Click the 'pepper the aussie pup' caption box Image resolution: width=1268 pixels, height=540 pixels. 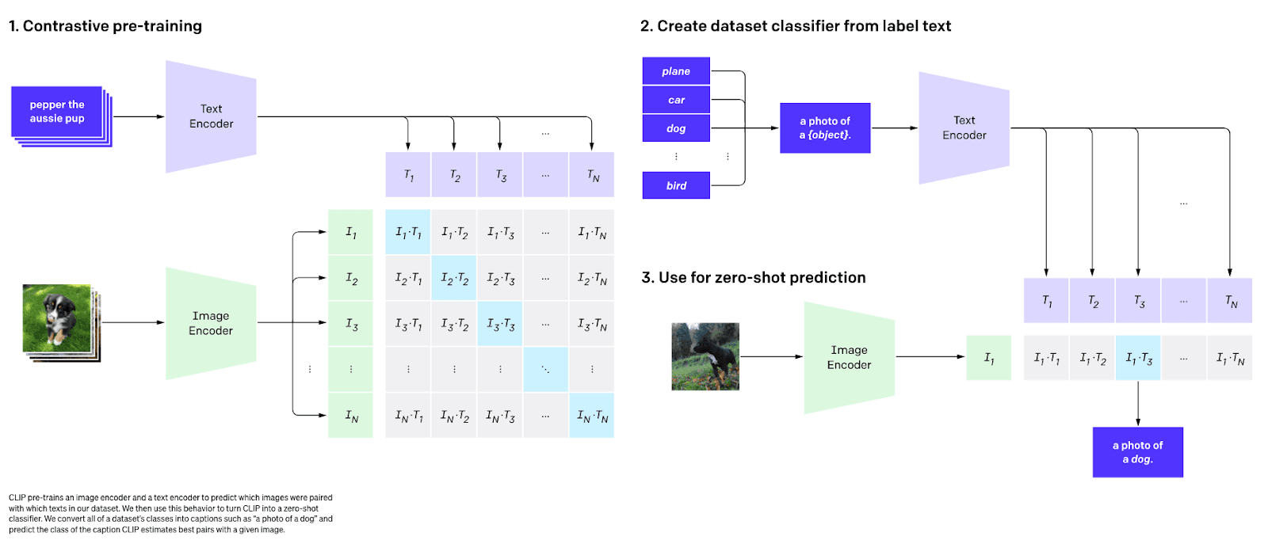click(57, 112)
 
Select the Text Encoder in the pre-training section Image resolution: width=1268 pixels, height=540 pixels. click(211, 116)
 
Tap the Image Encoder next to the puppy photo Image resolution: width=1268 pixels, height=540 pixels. click(211, 323)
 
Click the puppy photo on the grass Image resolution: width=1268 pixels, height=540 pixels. click(57, 318)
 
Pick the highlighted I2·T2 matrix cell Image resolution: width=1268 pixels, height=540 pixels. click(454, 278)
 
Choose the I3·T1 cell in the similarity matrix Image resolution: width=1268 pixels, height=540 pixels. click(408, 324)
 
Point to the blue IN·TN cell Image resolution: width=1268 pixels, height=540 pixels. click(592, 416)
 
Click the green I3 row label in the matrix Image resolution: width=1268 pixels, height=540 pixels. click(351, 324)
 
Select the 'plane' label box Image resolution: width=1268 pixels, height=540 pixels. click(676, 71)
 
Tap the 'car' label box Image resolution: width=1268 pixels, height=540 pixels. click(676, 100)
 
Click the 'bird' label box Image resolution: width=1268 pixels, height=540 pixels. click(676, 185)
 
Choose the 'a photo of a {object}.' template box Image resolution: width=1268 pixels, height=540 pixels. click(825, 127)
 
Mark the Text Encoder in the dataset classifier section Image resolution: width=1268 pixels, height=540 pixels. click(964, 128)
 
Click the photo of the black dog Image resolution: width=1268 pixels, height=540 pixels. click(705, 356)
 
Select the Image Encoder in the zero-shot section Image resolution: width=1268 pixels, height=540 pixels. click(849, 357)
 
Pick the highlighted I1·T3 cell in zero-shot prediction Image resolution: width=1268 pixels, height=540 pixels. click(1138, 358)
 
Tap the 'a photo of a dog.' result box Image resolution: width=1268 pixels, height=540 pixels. click(1137, 452)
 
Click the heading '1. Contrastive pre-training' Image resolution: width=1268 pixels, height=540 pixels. click(105, 26)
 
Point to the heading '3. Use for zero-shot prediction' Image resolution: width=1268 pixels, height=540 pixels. click(754, 278)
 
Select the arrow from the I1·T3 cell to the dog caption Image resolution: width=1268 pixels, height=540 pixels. click(1138, 404)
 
